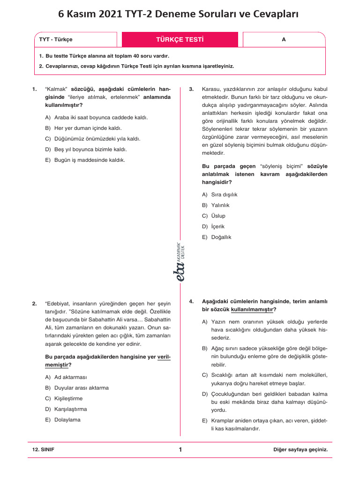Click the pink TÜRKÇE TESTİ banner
[x=180, y=39]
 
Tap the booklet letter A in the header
[x=284, y=39]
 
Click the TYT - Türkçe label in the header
[x=56, y=40]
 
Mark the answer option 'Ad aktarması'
[x=70, y=377]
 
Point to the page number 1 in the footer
[x=180, y=450]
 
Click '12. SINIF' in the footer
[x=44, y=450]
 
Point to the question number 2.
[x=35, y=303]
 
